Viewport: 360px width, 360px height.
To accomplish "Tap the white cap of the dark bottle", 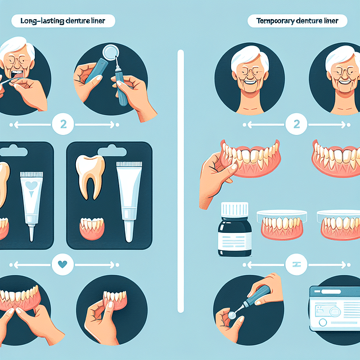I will tap(235, 209).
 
